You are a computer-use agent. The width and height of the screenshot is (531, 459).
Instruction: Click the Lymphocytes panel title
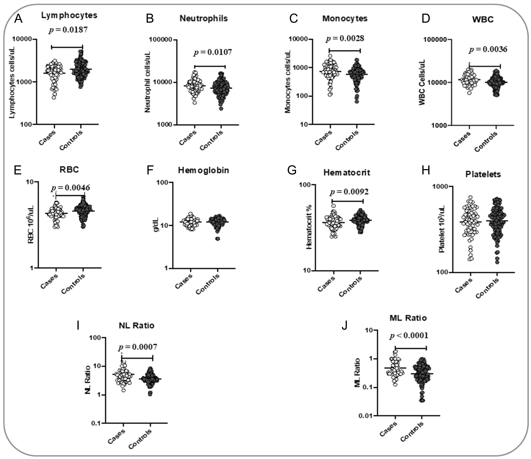pyautogui.click(x=69, y=15)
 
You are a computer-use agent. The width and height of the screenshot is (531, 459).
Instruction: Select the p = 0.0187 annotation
pyautogui.click(x=68, y=30)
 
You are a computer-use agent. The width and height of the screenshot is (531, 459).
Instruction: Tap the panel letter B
pyautogui.click(x=150, y=19)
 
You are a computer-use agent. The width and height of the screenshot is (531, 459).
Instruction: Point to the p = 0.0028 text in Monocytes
pyautogui.click(x=345, y=38)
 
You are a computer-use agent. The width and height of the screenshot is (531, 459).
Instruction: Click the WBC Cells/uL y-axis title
pyautogui.click(x=422, y=82)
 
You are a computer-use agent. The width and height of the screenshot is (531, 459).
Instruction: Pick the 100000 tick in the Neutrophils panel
pyautogui.click(x=161, y=40)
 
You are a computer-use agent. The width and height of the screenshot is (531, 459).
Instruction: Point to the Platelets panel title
pyautogui.click(x=483, y=174)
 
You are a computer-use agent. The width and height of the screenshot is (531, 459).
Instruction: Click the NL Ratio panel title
pyautogui.click(x=136, y=326)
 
